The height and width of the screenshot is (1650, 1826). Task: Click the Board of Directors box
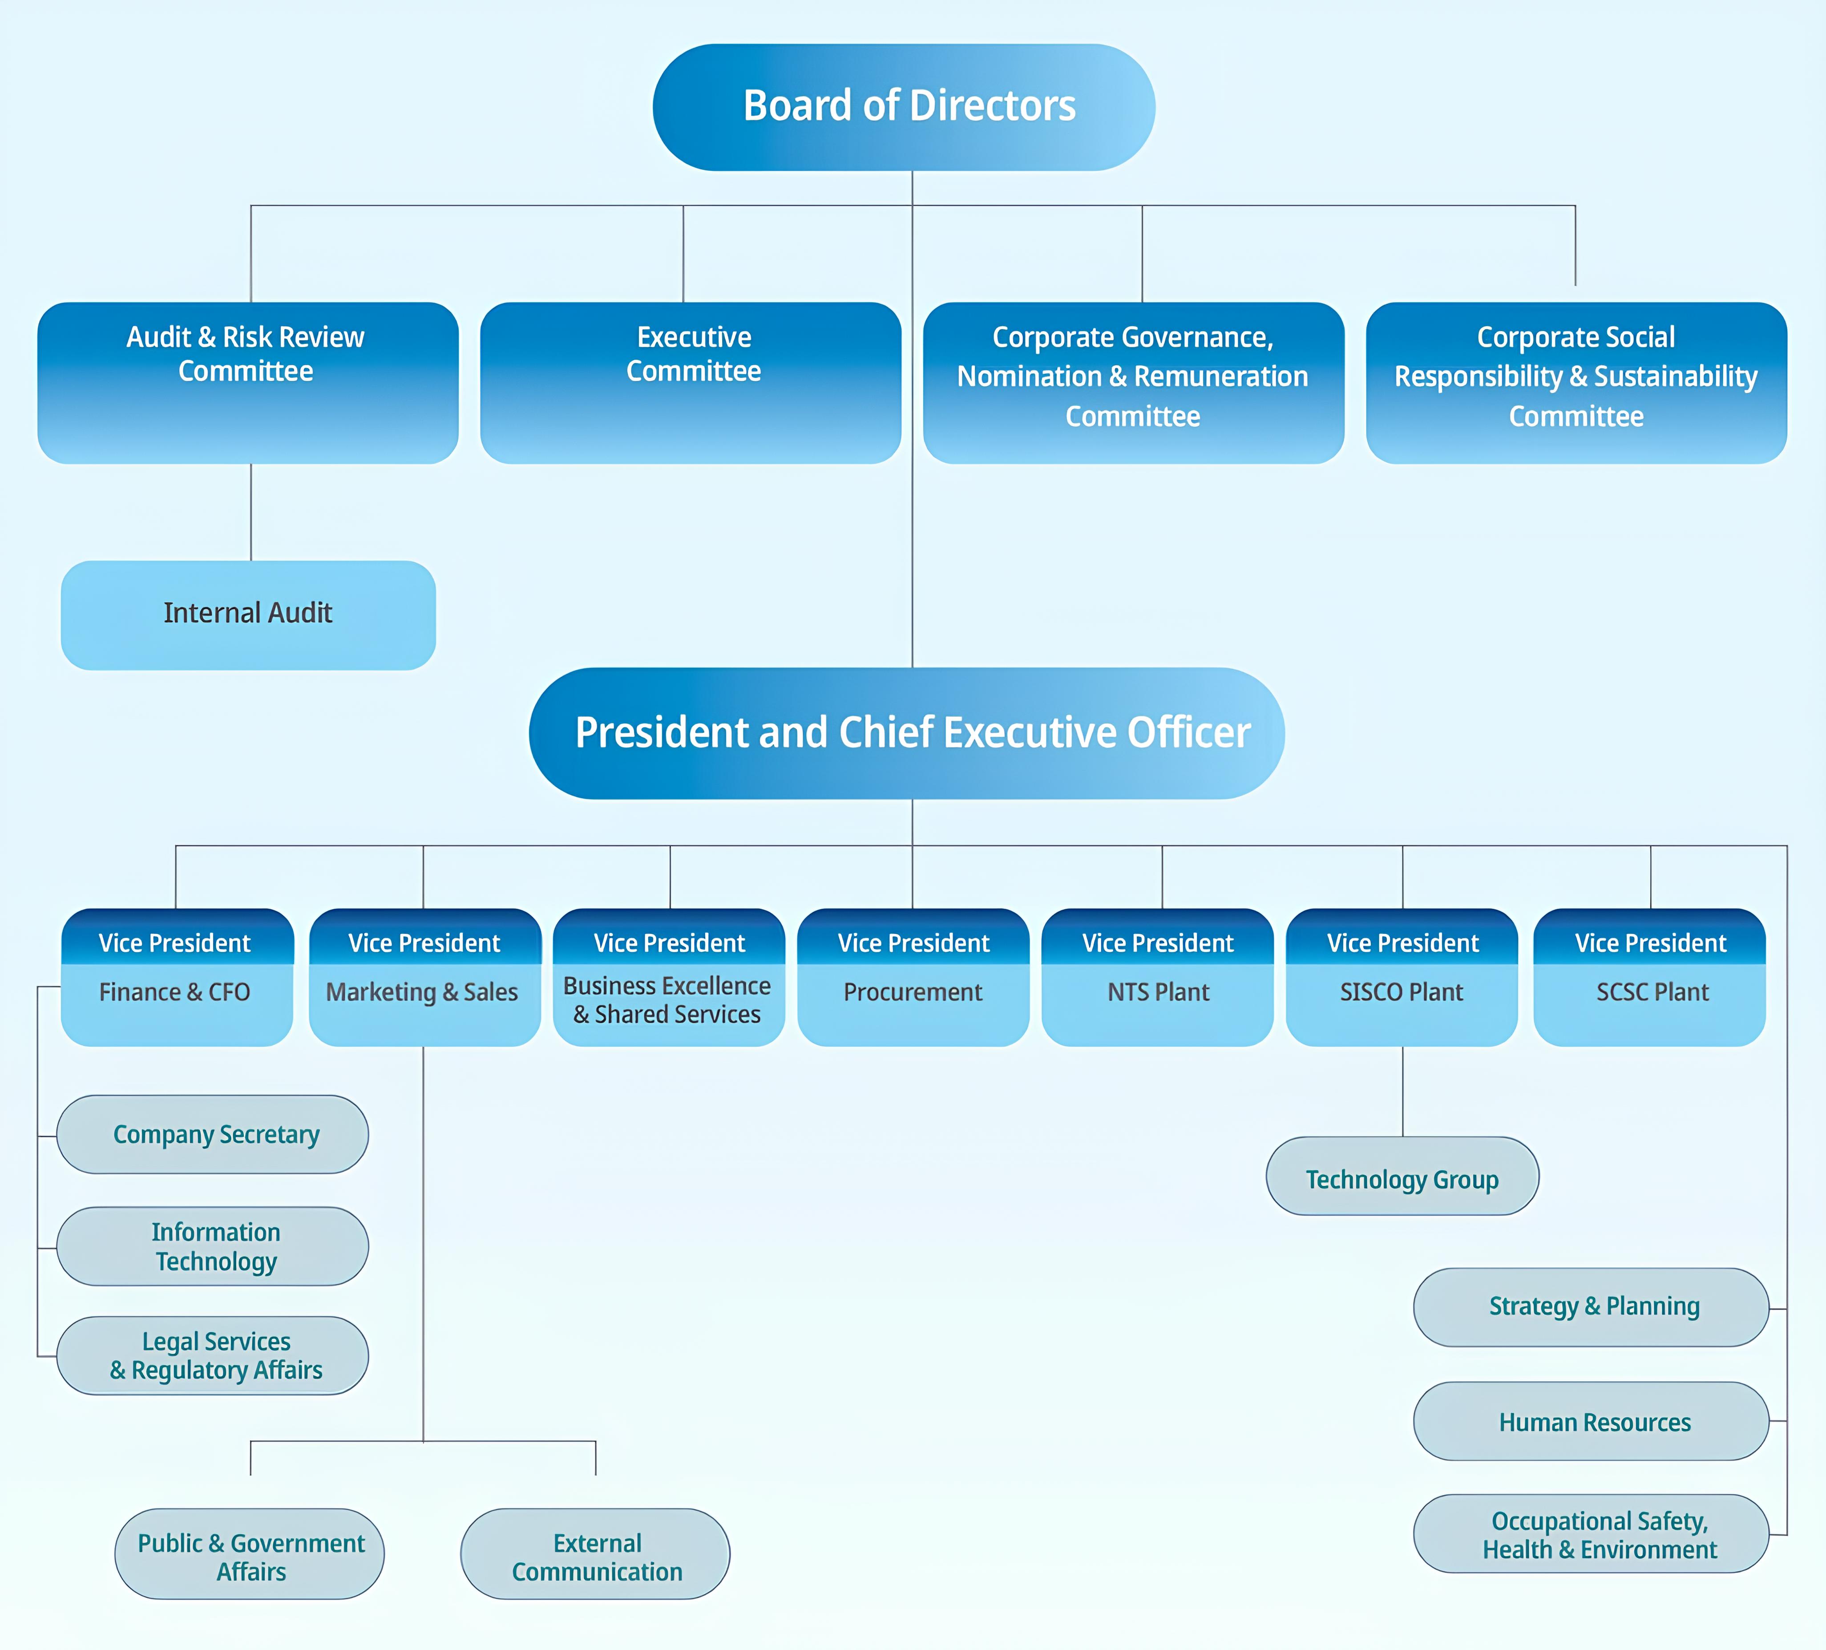click(904, 107)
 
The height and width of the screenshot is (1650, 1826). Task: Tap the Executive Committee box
click(691, 382)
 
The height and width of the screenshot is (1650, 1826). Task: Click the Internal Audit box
click(248, 615)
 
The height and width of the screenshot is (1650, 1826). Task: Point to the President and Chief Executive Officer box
click(907, 733)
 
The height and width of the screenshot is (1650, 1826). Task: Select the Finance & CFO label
click(175, 992)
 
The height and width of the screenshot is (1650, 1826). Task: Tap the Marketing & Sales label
click(422, 992)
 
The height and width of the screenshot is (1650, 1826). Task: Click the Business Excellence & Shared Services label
click(667, 1000)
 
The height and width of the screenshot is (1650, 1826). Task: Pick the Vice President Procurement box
click(913, 977)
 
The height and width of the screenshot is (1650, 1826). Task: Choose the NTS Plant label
click(1159, 992)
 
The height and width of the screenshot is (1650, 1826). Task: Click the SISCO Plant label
click(1402, 992)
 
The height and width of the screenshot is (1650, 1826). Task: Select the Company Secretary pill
click(213, 1134)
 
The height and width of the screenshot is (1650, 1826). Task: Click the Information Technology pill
click(213, 1246)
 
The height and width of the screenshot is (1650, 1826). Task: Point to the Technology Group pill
click(1402, 1176)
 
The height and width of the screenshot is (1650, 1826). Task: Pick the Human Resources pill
click(1592, 1421)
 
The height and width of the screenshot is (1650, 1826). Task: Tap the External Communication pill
click(595, 1554)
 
